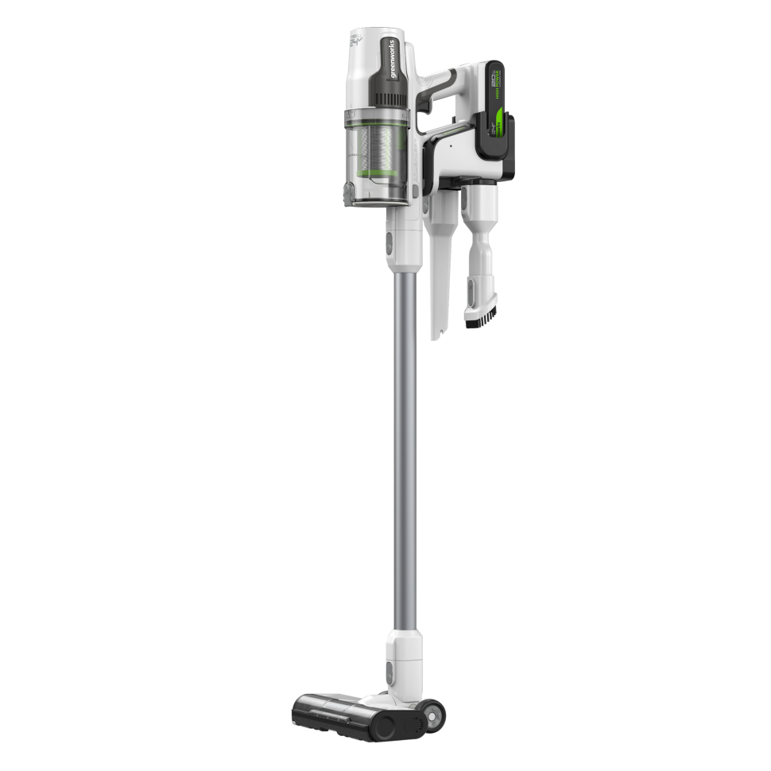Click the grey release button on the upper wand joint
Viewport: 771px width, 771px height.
(389, 244)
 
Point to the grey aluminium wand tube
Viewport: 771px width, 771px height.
(405, 445)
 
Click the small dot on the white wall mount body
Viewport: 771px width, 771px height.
(450, 146)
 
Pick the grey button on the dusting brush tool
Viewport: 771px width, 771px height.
(475, 287)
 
